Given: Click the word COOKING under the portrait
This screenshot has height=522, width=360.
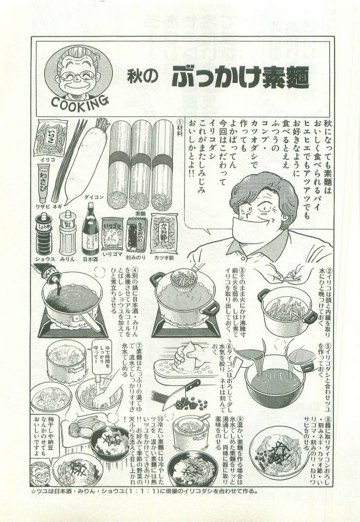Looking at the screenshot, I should [x=80, y=102].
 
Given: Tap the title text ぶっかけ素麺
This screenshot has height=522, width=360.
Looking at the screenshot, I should [x=240, y=79].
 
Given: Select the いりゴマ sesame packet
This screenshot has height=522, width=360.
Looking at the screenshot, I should [x=112, y=236].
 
